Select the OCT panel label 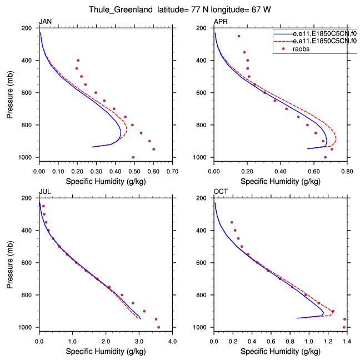(220, 192)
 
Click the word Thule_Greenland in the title (116, 9)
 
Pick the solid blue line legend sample (282, 33)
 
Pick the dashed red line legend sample (282, 41)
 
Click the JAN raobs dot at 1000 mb (133, 157)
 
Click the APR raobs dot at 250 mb (239, 36)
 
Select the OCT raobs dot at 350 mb (232, 222)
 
